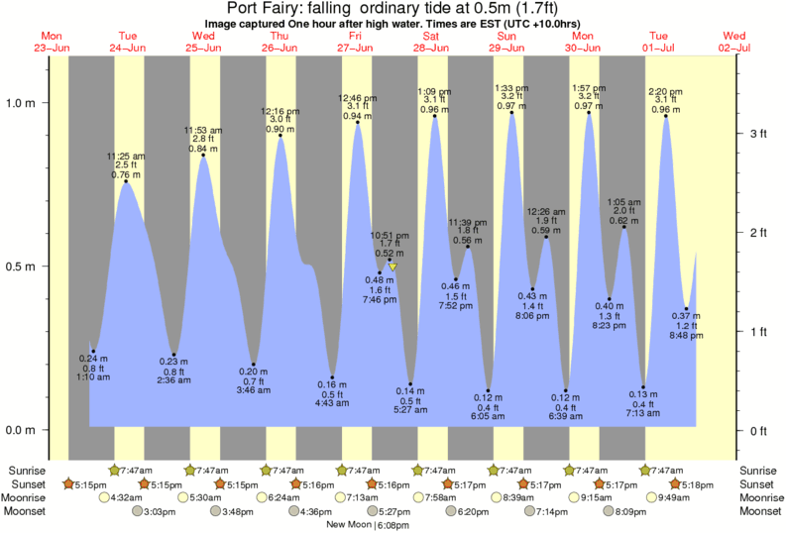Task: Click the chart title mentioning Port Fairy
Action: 393,8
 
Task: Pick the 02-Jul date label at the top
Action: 734,48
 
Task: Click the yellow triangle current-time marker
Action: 393,266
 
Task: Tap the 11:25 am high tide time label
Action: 126,156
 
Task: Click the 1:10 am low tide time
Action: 95,376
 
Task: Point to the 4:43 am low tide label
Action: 331,402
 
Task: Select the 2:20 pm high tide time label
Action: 665,91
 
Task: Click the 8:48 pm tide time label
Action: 686,337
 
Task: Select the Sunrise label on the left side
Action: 27,470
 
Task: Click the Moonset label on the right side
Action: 758,511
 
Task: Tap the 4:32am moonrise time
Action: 126,497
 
